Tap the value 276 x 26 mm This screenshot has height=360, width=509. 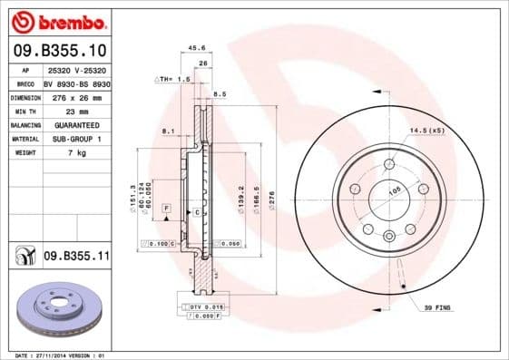pos(75,97)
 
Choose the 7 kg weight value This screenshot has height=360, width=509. pos(75,152)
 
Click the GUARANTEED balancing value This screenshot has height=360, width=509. pos(75,124)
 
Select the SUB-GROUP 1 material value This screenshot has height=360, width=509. pos(75,139)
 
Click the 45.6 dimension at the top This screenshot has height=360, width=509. pos(195,47)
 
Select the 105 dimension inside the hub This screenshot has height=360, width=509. pos(395,191)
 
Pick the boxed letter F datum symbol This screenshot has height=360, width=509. pos(166,209)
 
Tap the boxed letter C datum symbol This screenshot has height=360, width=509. pos(197,211)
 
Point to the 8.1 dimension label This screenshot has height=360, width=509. pos(166,132)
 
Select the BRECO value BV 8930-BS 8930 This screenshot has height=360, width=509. pos(75,83)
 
